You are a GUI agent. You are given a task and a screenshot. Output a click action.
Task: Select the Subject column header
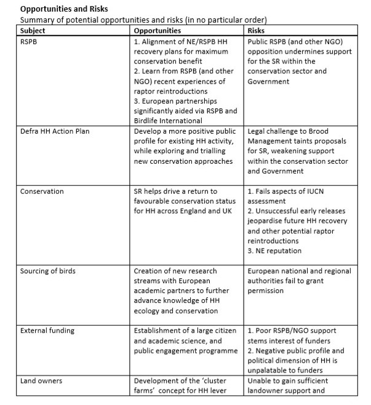33,30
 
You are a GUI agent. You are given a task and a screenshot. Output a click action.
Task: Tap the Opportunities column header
158,30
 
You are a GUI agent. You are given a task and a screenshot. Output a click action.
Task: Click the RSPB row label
30,42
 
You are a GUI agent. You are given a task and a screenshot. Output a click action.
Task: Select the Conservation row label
42,191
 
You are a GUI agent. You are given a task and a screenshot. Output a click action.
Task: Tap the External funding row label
47,331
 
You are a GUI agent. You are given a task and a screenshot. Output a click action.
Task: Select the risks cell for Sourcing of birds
299,281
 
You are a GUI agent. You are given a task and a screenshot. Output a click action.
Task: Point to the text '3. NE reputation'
276,251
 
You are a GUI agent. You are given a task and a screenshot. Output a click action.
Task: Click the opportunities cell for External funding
186,341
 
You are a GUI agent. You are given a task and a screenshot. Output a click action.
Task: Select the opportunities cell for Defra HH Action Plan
183,146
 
